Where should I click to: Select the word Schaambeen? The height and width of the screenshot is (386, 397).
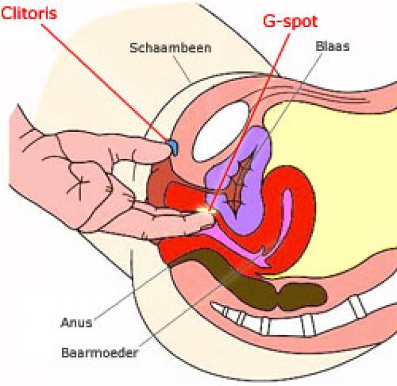[x=161, y=48]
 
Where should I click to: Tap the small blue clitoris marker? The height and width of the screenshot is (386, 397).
[x=173, y=147]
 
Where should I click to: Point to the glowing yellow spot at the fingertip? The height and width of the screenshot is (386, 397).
[x=207, y=209]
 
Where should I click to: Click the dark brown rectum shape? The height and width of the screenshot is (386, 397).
[x=212, y=267]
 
